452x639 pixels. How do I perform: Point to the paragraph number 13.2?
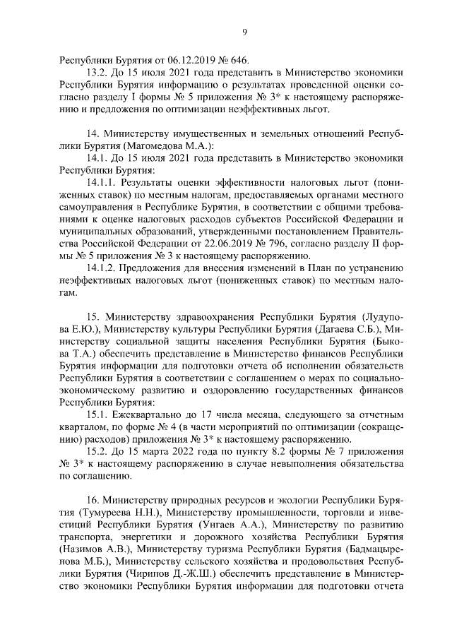click(x=97, y=73)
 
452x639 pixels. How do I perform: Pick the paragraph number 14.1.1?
click(x=102, y=183)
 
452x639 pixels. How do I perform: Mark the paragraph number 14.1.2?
click(x=102, y=268)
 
